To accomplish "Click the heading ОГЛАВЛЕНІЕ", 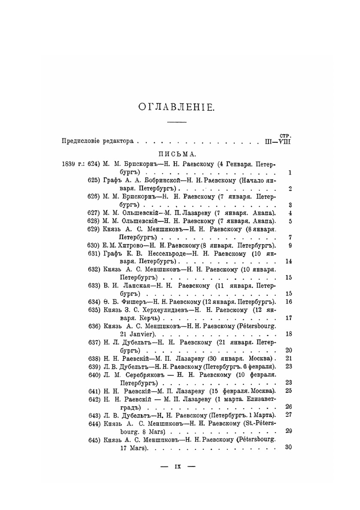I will (176, 107).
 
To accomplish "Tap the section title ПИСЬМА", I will (176, 154).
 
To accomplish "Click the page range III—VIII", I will (275, 141).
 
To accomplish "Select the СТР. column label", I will (285, 136).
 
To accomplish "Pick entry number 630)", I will (94, 246).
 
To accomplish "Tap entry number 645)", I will (94, 440).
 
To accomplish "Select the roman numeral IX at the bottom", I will (177, 467).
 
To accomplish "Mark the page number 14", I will (288, 261).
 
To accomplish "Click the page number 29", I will (288, 431).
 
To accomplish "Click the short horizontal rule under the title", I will (177, 123).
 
